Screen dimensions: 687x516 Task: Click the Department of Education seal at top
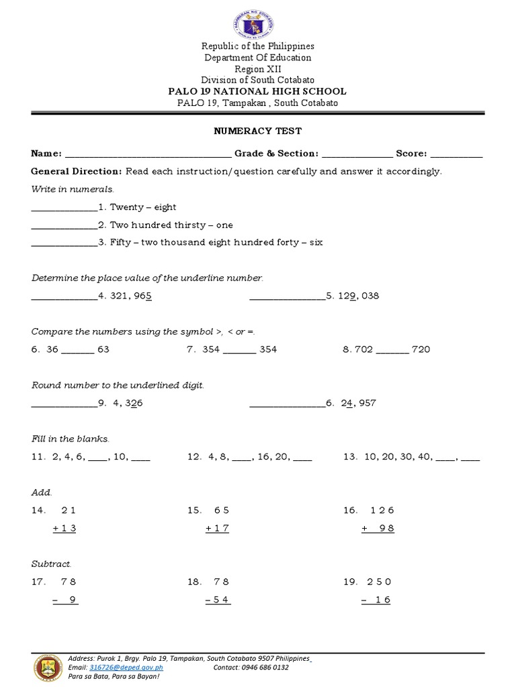pyautogui.click(x=257, y=21)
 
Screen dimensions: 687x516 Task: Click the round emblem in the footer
pyautogui.click(x=48, y=668)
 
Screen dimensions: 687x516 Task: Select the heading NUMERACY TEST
pyautogui.click(x=257, y=131)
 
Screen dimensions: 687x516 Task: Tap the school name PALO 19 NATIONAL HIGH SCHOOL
pyautogui.click(x=257, y=91)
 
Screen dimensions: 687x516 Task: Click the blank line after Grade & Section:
pyautogui.click(x=357, y=154)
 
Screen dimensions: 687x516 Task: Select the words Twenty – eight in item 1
pyautogui.click(x=143, y=207)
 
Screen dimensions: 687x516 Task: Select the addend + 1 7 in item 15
pyautogui.click(x=218, y=528)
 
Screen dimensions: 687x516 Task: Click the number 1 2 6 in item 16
pyautogui.click(x=382, y=511)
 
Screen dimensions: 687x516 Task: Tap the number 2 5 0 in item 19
pyautogui.click(x=379, y=582)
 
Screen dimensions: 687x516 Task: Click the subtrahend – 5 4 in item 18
pyautogui.click(x=218, y=600)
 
